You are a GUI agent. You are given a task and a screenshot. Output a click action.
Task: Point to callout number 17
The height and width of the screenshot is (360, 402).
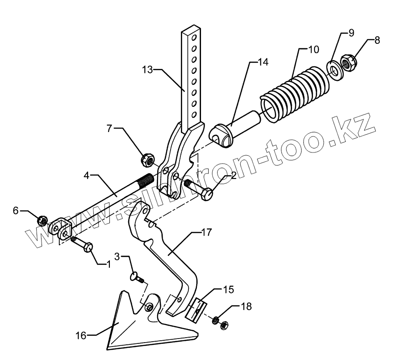click(x=206, y=233)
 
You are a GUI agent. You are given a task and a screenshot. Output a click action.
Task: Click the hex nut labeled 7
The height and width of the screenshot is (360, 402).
click(x=147, y=158)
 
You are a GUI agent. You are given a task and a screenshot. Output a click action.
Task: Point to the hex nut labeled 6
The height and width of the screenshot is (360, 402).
click(x=42, y=220)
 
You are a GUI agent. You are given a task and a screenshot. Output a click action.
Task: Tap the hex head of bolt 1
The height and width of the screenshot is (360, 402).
click(x=88, y=246)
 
